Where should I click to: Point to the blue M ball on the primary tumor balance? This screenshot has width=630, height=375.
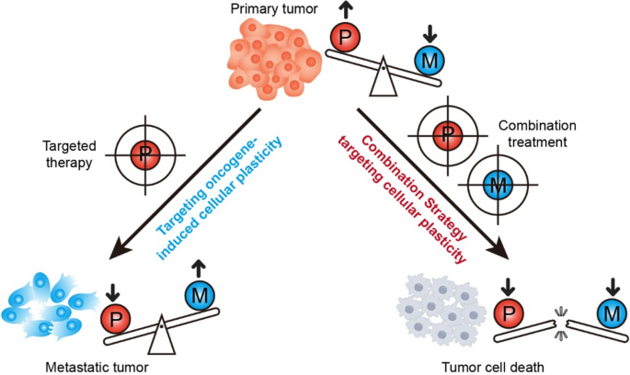pyautogui.click(x=426, y=62)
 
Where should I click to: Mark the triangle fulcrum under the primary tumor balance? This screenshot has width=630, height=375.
pyautogui.click(x=383, y=84)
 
